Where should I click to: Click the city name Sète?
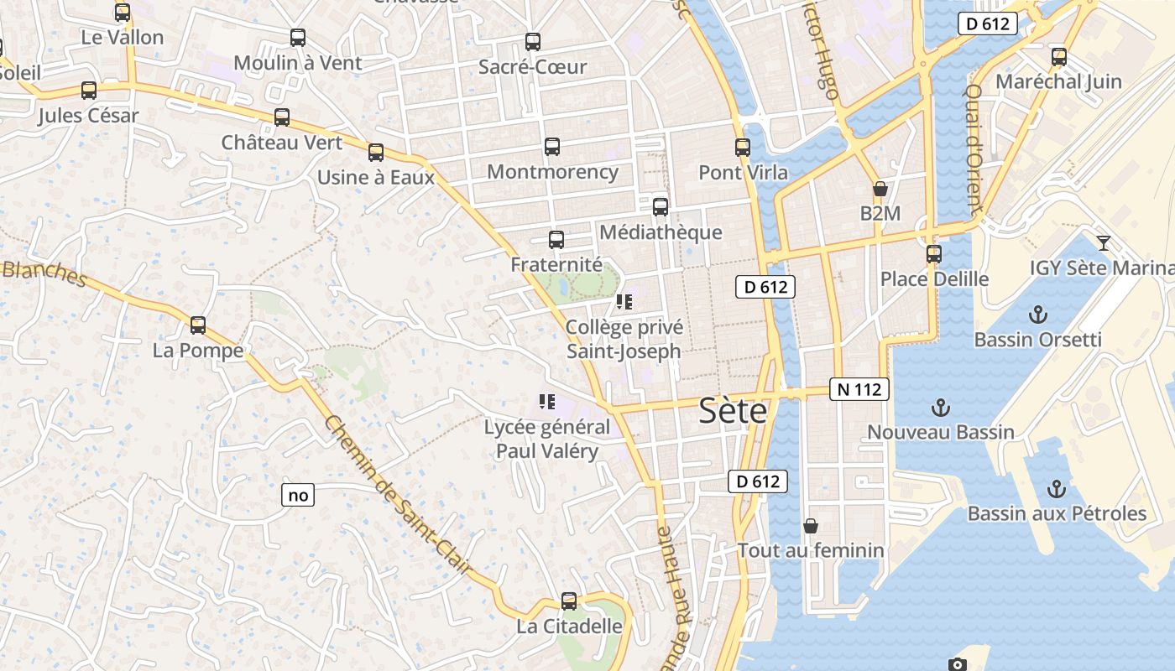pos(733,412)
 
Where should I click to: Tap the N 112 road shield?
pos(859,389)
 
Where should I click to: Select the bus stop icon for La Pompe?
pos(198,325)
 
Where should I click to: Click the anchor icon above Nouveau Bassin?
pos(941,408)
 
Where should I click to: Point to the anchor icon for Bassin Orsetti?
pos(1038,315)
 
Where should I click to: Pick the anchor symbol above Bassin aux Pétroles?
pos(1056,488)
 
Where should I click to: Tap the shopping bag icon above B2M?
pos(880,190)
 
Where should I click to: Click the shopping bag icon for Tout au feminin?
pos(811,526)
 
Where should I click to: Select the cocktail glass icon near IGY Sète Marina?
pos(1104,243)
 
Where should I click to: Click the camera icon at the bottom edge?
pos(958,664)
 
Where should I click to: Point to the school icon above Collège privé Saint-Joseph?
pos(624,302)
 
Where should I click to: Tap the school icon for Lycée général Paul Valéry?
pos(547,402)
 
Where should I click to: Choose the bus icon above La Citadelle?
pos(569,601)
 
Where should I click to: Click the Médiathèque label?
pos(661,232)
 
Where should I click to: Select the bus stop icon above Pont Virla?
pos(743,148)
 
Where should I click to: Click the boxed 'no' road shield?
pos(298,496)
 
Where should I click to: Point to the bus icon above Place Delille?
pos(934,253)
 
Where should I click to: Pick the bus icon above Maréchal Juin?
pos(1059,57)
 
